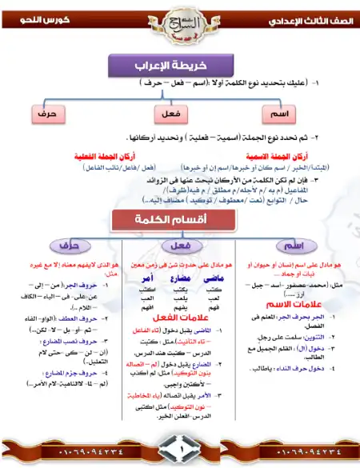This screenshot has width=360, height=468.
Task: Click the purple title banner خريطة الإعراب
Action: (x=179, y=65)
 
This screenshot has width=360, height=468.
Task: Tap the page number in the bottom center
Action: (x=179, y=454)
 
